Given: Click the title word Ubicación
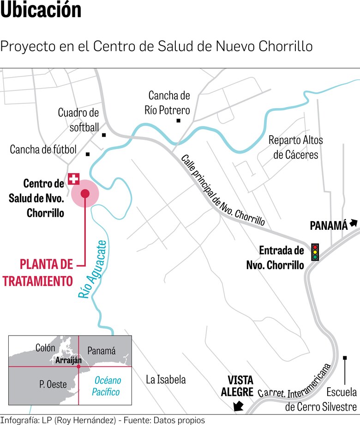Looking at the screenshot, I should pyautogui.click(x=41, y=11).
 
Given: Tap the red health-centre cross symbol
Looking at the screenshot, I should pyautogui.click(x=73, y=179).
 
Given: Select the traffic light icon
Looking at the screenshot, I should pyautogui.click(x=315, y=252).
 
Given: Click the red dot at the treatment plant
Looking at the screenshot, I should pyautogui.click(x=85, y=194).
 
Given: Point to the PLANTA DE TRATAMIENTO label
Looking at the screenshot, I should pyautogui.click(x=46, y=273).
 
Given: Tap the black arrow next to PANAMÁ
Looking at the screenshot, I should pyautogui.click(x=354, y=223).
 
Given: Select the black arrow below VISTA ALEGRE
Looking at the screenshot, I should pyautogui.click(x=238, y=406).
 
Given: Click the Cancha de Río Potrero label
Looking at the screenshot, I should pyautogui.click(x=169, y=102).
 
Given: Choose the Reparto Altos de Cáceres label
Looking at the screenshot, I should pyautogui.click(x=296, y=147).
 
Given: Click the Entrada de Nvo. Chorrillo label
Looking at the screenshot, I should pyautogui.click(x=282, y=258).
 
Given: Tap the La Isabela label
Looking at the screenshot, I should pyautogui.click(x=166, y=380).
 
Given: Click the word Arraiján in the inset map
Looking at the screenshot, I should pyautogui.click(x=68, y=360).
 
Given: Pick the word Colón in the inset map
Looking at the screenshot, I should pyautogui.click(x=45, y=348).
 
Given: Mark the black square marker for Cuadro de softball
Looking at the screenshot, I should pyautogui.click(x=104, y=135).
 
